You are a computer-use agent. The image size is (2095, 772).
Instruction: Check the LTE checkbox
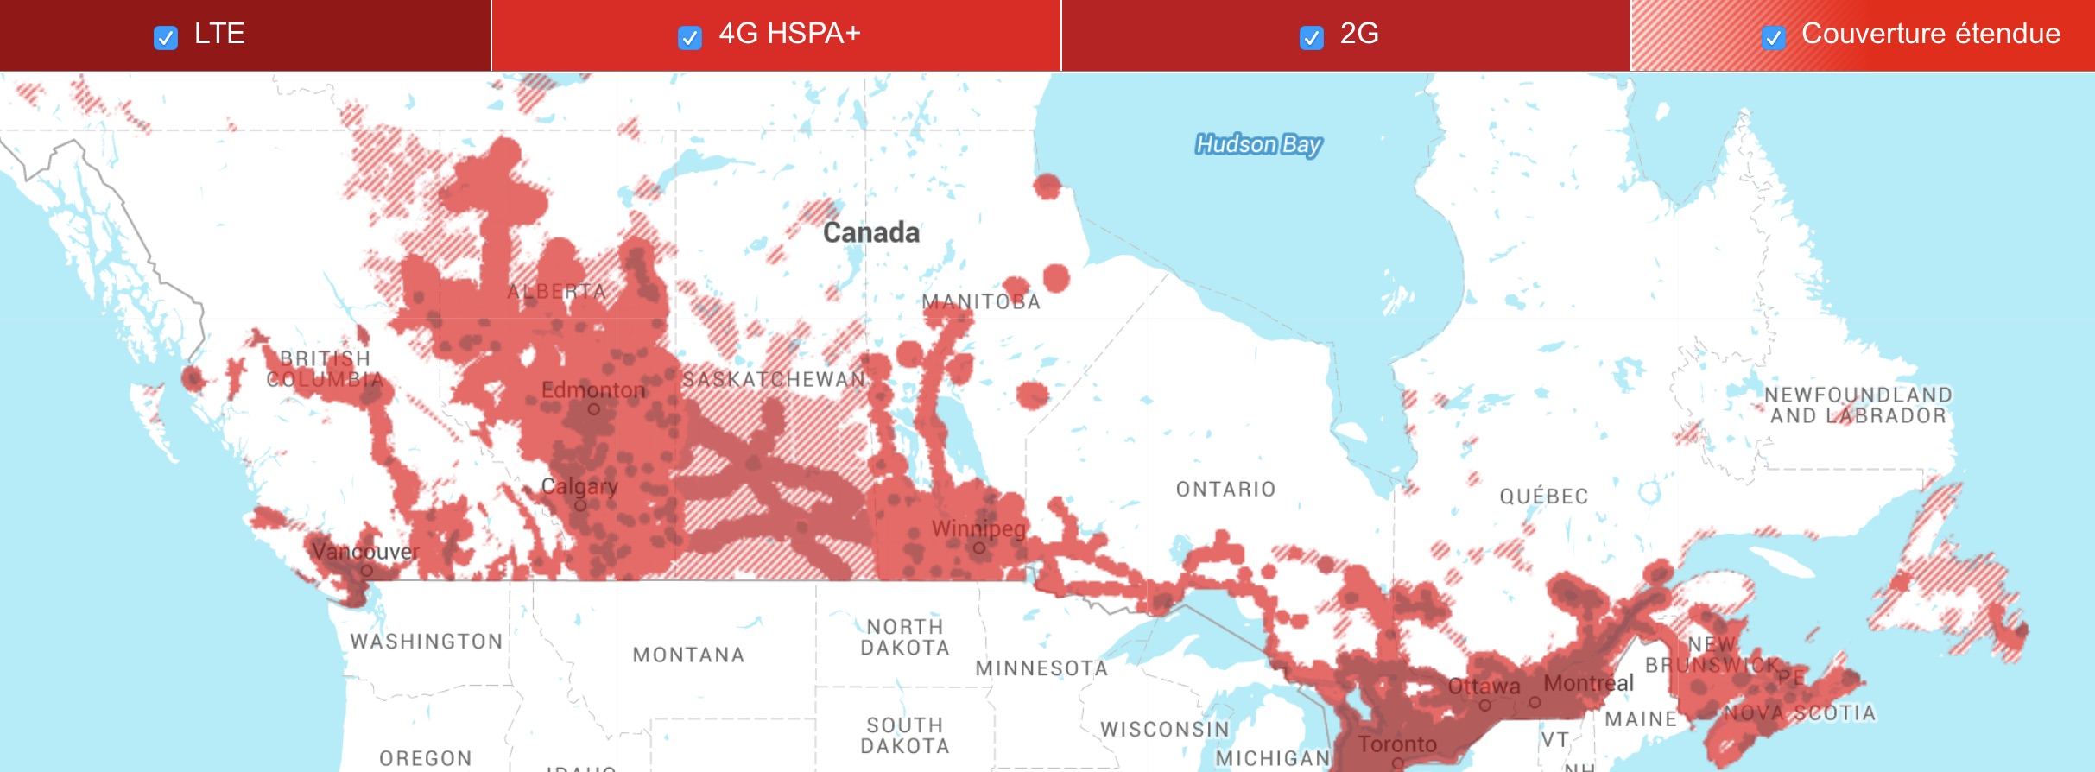coord(166,38)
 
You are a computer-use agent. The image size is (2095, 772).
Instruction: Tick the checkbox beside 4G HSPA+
coord(689,38)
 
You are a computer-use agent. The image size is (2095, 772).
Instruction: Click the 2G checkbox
coord(1311,38)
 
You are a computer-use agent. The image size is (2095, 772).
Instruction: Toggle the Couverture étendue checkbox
coord(1773,38)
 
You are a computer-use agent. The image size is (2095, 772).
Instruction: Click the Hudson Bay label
coord(1258,144)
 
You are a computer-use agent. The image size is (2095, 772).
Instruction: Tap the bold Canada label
coord(870,232)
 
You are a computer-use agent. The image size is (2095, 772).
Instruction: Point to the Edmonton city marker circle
coord(593,409)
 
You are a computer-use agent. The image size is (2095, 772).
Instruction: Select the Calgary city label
coord(579,486)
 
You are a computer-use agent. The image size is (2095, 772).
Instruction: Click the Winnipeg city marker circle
coord(978,547)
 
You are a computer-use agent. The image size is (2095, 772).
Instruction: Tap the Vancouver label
coord(365,551)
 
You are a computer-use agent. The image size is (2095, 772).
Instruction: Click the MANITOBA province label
coord(981,302)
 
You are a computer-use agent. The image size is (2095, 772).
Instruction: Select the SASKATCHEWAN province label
coord(773,379)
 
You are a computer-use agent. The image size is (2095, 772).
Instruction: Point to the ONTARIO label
coord(1225,490)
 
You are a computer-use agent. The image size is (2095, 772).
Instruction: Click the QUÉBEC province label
coord(1543,497)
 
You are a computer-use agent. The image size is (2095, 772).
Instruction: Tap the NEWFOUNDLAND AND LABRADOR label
coord(1858,405)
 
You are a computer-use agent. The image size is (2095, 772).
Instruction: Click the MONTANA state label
coord(688,655)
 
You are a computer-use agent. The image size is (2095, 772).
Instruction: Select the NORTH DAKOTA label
coord(905,637)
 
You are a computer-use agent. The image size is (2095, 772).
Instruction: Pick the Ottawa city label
coord(1484,687)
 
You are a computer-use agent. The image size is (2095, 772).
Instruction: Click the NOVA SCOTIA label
coord(1800,713)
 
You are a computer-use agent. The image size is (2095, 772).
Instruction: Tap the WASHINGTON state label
coord(426,642)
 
